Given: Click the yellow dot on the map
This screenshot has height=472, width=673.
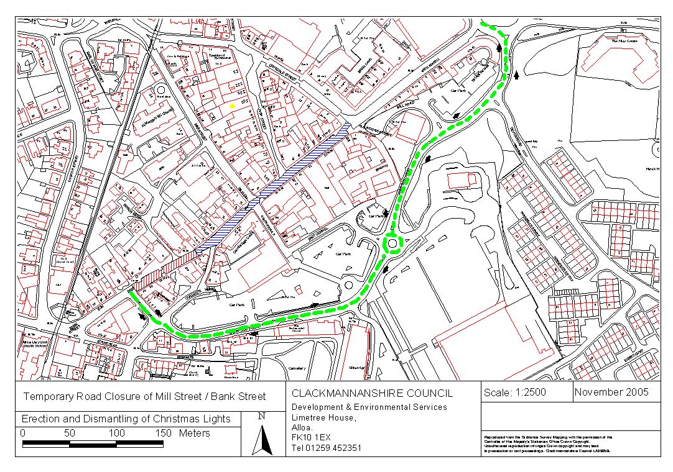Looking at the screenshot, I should (232, 106).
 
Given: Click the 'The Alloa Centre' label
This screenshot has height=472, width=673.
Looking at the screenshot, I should (624, 41).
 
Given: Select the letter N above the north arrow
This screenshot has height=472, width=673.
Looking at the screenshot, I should (262, 417).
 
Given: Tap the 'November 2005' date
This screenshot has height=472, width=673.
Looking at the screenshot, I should (611, 392).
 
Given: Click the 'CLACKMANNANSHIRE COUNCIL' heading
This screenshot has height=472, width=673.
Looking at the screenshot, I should (373, 394).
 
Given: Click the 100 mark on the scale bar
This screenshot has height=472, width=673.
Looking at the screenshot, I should (117, 433).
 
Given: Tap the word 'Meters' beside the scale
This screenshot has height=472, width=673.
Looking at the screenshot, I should (194, 433).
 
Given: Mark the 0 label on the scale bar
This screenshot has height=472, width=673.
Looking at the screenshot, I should (23, 433).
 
